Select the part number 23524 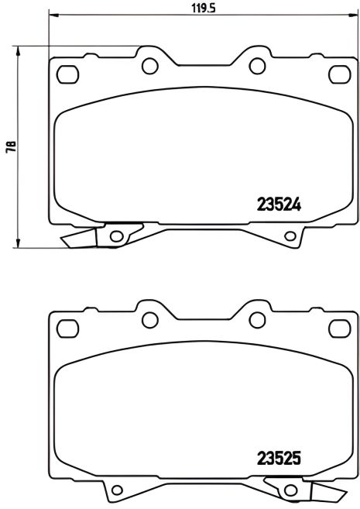click(278, 206)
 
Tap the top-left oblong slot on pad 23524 click(69, 74)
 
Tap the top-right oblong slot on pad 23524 click(338, 74)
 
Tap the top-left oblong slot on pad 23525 click(69, 327)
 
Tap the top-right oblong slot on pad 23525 click(338, 327)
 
